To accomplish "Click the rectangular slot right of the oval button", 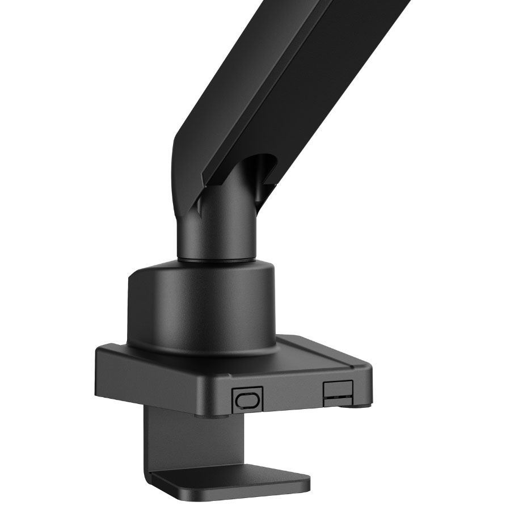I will point(337,392).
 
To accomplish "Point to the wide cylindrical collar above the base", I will point(201,306).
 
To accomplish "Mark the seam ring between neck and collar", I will point(214,260).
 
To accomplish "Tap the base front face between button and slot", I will point(292,394).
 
